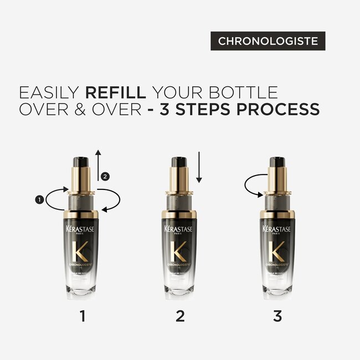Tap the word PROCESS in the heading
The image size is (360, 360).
coord(279,109)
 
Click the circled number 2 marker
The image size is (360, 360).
coord(106,176)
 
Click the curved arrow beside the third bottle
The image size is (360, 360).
coord(255,186)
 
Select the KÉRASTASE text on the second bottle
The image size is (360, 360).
coord(179,229)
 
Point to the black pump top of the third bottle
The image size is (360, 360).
coord(277,163)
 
